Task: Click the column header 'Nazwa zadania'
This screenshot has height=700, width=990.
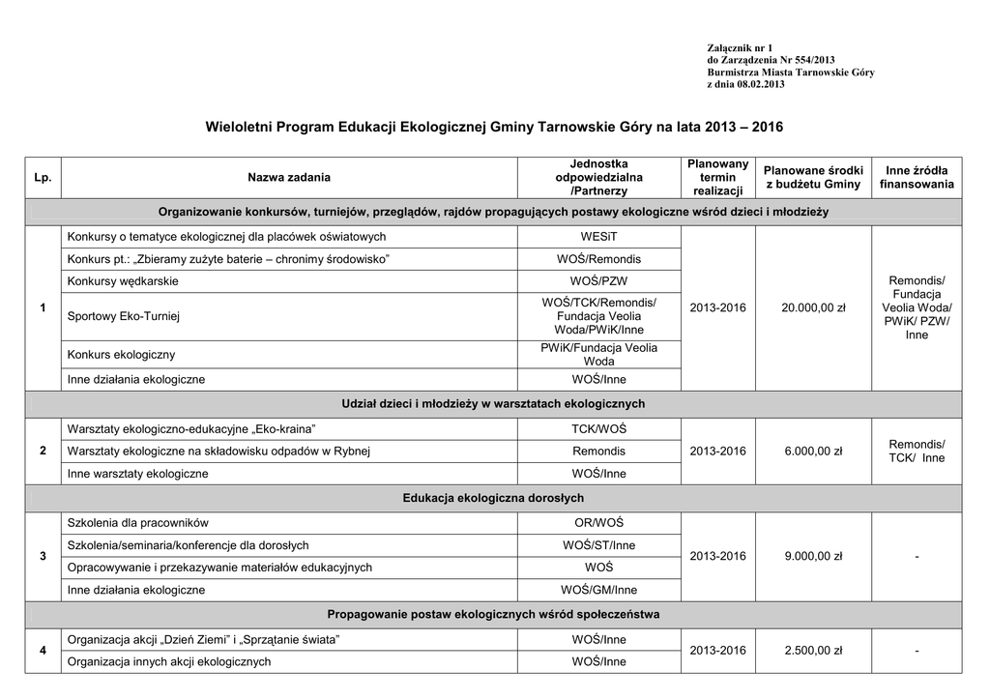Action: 288,178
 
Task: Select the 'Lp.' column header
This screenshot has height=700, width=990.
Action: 43,178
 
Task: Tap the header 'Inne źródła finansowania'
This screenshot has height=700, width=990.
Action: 917,178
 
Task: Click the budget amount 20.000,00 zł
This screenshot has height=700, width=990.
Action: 813,307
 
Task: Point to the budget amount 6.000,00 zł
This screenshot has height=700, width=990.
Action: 813,451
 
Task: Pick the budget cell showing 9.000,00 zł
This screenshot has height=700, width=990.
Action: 813,556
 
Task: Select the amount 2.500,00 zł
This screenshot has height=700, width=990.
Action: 813,651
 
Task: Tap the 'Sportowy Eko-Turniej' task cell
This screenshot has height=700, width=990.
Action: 124,316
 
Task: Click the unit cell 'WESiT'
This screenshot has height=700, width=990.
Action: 598,237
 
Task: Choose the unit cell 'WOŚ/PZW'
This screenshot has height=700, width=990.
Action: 598,281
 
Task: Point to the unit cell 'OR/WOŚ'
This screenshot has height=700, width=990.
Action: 598,523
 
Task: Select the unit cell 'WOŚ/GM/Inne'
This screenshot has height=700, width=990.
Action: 598,590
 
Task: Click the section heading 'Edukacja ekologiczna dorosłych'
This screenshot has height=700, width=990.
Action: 493,499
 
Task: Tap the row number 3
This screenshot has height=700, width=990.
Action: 43,556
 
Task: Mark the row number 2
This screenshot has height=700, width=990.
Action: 43,451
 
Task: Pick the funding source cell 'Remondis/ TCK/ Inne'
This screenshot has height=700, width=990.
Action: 917,451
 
